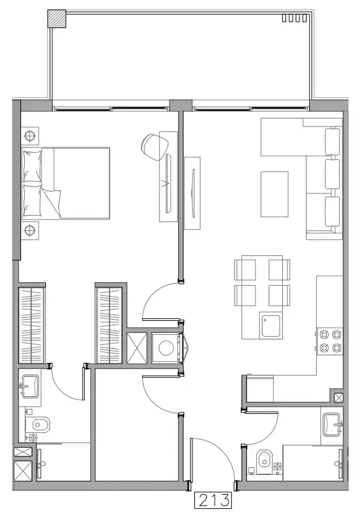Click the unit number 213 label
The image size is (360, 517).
[x=213, y=501]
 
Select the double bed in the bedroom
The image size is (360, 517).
[x=66, y=182]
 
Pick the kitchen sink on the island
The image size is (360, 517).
[x=271, y=325]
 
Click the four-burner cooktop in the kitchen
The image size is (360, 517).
[x=330, y=341]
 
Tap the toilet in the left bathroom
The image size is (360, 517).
[x=41, y=423]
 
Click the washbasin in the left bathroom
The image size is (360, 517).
[x=29, y=384]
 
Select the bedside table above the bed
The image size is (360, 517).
[x=29, y=135]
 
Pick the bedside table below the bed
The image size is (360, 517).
[x=29, y=230]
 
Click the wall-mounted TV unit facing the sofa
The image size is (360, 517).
[x=194, y=192]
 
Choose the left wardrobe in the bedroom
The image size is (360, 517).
[x=31, y=325]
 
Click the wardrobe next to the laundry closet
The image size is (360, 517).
[x=109, y=325]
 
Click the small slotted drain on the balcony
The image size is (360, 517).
[x=296, y=18]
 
